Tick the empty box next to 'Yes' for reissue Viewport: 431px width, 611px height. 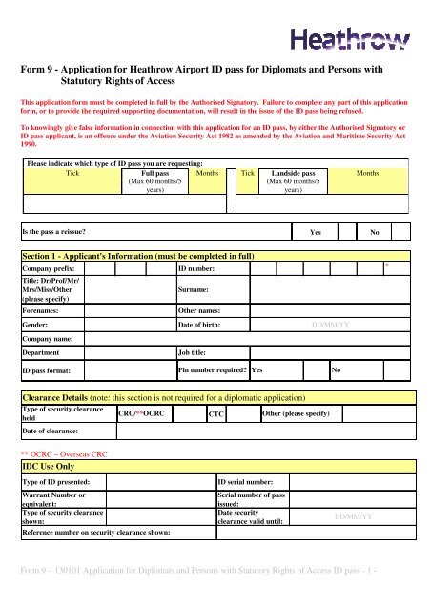tap(343, 232)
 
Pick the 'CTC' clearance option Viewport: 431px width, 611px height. tap(216, 414)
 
